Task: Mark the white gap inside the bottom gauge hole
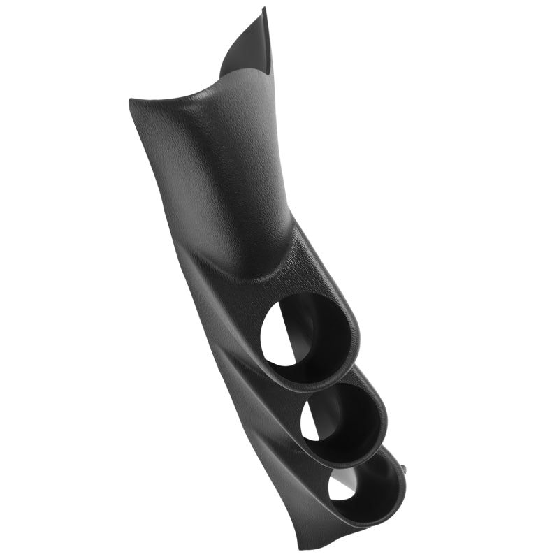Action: point(341,486)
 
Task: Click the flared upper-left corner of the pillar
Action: point(134,103)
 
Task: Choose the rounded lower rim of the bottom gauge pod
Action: point(377,517)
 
